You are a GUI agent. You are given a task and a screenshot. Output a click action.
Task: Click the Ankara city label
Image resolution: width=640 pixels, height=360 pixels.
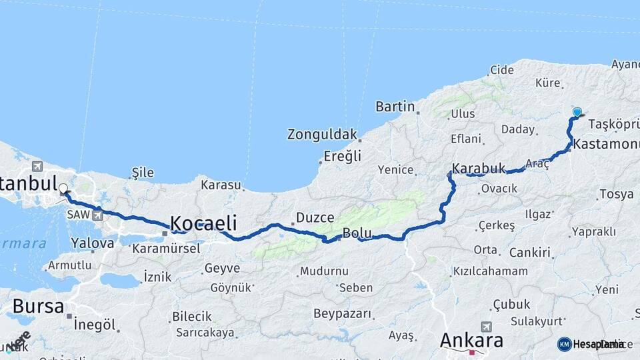pos(471,341)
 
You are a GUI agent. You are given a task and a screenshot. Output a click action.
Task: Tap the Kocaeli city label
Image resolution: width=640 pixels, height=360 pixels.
pos(204,223)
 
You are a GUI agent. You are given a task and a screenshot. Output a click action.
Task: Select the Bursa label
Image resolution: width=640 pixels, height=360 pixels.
pos(39,307)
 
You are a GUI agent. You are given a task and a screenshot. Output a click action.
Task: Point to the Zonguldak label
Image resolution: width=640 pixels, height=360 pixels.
pos(322,134)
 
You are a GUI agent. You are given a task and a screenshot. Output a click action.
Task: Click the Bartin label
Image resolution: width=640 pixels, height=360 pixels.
pos(395,107)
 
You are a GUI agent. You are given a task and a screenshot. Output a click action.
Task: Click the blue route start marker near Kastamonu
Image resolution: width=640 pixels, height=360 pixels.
pos(577,113)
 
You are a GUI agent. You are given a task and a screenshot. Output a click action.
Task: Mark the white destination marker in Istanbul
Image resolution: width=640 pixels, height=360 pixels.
pos(63,189)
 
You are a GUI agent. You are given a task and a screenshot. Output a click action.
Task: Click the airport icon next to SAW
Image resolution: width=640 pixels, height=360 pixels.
pos(99,215)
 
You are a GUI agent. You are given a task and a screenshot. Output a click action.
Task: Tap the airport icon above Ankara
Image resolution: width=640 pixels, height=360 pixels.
pos(485,327)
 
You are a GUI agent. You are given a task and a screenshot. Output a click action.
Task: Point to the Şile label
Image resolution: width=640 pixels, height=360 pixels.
pos(143,173)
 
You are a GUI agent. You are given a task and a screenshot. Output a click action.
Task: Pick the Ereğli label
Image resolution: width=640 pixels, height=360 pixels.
pos(342,156)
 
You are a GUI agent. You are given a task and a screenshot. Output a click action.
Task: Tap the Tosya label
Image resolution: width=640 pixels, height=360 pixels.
pos(616,194)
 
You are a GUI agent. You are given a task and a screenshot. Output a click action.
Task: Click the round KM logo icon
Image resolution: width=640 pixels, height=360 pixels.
pos(564,344)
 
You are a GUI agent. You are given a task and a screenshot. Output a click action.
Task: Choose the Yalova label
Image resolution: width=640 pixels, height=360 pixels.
pos(92,243)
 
